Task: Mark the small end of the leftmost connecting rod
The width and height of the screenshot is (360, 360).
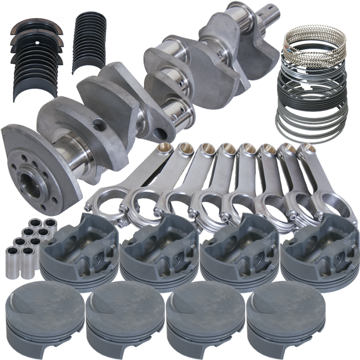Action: tap(164, 149)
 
